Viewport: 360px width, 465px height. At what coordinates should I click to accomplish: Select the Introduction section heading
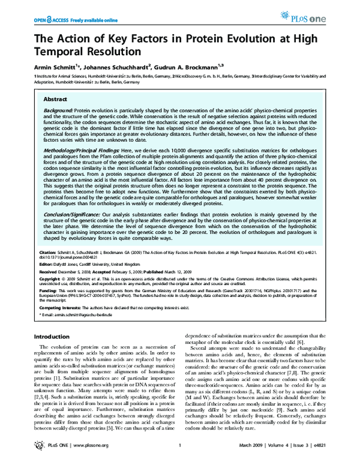[53, 337]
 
